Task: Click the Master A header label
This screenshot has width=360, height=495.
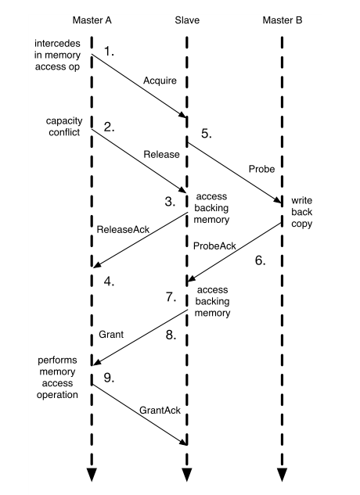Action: coord(92,20)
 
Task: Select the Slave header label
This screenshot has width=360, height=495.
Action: coord(187,20)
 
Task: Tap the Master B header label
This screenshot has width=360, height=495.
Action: coord(283,20)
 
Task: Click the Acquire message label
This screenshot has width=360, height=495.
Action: coord(160,81)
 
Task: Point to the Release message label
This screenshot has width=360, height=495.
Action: coord(161,154)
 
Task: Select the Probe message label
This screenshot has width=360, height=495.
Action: coord(261,169)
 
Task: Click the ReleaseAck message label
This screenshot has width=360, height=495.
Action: coord(123,229)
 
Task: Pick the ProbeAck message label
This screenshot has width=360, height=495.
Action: coord(214,246)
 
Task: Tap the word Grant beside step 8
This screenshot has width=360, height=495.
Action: coord(111,335)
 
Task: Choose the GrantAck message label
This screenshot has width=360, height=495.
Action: coord(160,411)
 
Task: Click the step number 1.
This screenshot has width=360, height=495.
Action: coord(109,51)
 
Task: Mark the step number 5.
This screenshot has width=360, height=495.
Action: coord(207,134)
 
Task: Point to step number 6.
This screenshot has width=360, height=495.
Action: coord(260,260)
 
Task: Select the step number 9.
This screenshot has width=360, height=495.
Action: coord(109,378)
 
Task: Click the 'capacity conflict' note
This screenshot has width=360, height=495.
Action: coord(64,127)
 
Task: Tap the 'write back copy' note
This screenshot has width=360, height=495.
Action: coord(302,212)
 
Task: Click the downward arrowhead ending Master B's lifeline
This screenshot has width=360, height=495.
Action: coord(282,475)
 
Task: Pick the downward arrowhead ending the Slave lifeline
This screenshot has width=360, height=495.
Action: coord(187,475)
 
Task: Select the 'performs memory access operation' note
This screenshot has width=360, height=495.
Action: coord(57,378)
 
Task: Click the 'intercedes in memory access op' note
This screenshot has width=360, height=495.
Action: coord(57,55)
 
